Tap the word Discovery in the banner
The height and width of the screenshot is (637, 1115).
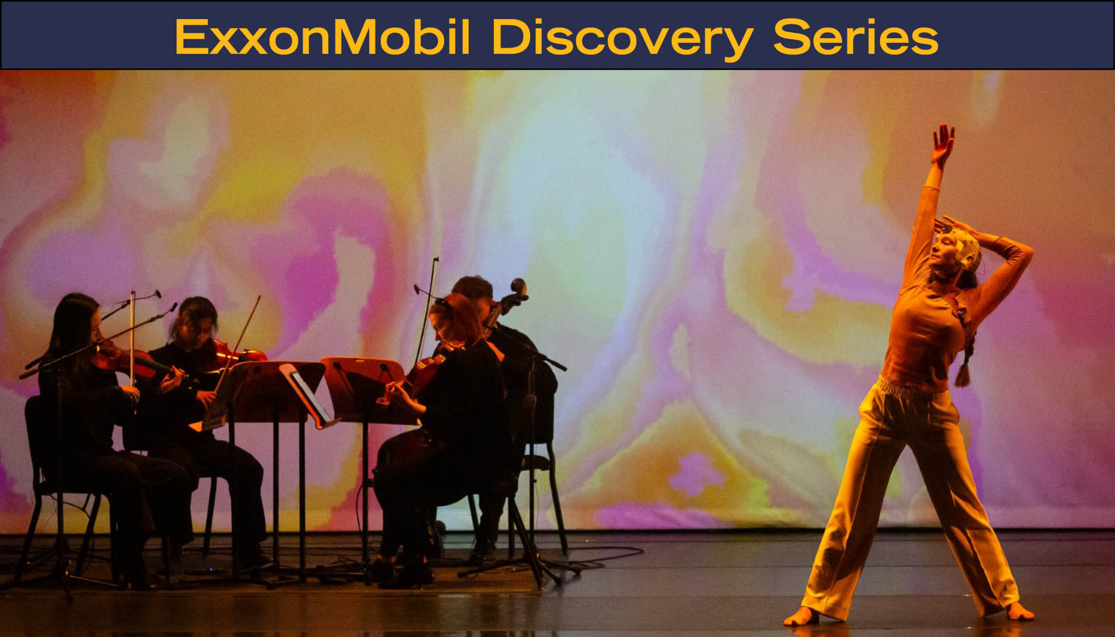point(622,40)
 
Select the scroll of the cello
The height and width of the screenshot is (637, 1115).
point(519,289)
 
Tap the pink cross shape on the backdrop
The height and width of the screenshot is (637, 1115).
point(696,474)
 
